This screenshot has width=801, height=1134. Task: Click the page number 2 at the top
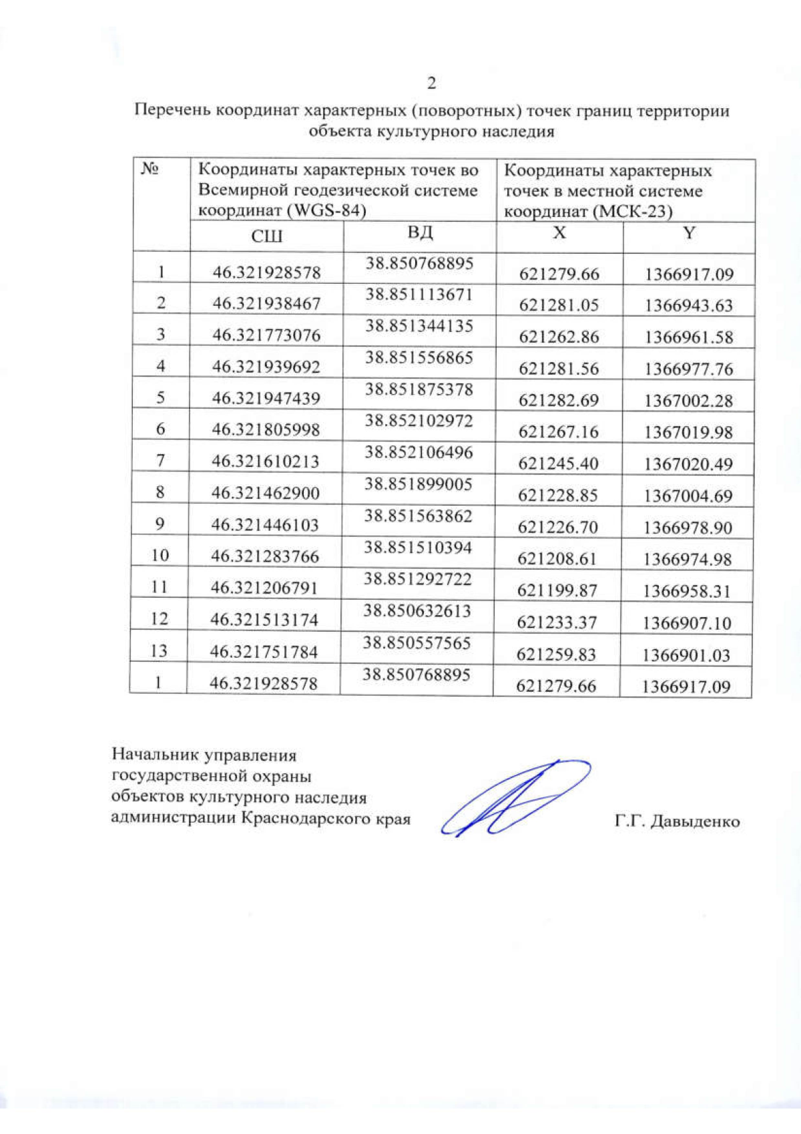click(x=431, y=83)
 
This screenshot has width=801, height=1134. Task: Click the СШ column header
click(x=267, y=236)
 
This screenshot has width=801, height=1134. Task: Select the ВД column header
click(x=420, y=232)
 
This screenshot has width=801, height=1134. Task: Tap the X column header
click(x=559, y=232)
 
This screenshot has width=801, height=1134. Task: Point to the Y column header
click(x=689, y=232)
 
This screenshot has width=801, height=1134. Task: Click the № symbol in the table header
click(x=150, y=169)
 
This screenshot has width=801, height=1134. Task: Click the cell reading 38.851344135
click(x=419, y=326)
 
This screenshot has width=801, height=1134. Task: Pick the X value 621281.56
click(x=559, y=369)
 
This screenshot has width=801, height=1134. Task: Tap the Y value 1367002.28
click(x=688, y=401)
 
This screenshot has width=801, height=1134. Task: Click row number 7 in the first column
click(x=160, y=460)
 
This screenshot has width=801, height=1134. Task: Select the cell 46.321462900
click(x=266, y=493)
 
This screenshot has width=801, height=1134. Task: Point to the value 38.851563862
click(x=419, y=516)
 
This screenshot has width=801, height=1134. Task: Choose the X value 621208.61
click(x=557, y=558)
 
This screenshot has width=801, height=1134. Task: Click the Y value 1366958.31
click(x=687, y=591)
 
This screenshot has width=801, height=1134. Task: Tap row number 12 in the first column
click(x=159, y=618)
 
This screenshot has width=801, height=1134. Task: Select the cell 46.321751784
click(x=264, y=651)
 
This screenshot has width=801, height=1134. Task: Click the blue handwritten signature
click(x=514, y=798)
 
